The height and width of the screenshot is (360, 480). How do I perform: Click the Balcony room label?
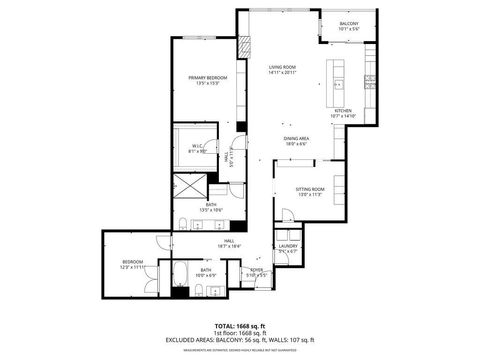click(x=348, y=25)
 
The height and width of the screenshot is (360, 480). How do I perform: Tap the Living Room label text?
click(x=282, y=69)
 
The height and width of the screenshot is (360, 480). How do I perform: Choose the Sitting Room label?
click(x=310, y=191)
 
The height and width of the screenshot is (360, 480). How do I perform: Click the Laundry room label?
click(x=288, y=247)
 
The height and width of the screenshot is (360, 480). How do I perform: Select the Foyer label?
click(x=257, y=270)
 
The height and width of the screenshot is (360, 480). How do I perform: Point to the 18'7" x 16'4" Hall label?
click(x=229, y=243)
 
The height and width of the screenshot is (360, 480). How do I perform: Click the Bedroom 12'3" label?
click(x=133, y=265)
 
